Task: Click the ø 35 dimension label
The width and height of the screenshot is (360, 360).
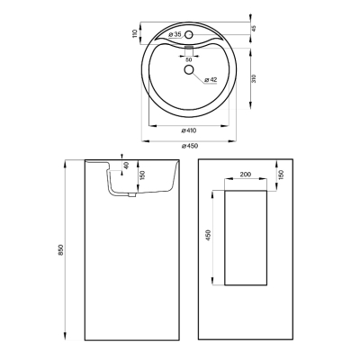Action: (175, 34)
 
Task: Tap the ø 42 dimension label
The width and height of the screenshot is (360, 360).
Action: (211, 80)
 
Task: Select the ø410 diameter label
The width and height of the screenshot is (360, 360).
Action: (189, 130)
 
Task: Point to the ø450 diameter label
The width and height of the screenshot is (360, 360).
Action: (190, 146)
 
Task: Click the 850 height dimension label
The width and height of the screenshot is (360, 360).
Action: (60, 250)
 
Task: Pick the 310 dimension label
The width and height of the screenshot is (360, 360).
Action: (254, 78)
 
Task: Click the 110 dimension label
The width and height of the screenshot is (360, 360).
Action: (135, 33)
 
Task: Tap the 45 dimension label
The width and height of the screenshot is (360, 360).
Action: (254, 29)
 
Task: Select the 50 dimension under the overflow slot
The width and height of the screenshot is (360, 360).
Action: (189, 59)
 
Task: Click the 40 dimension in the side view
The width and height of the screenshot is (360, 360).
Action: (126, 166)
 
